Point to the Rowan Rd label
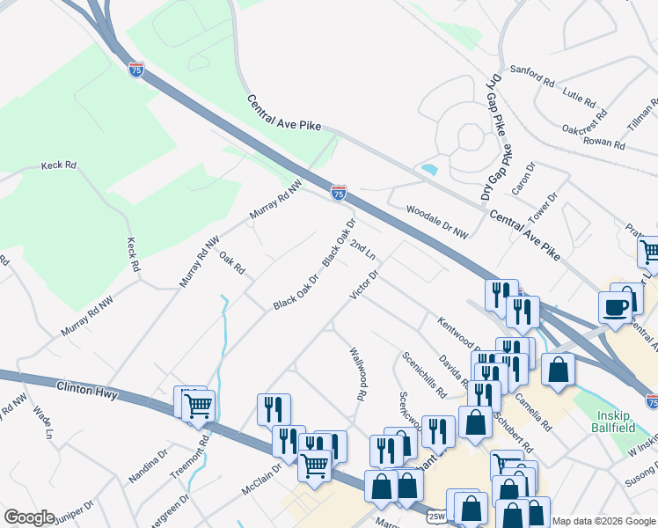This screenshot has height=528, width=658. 603,141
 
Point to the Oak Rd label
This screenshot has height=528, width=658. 231,262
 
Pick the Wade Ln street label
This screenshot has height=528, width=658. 43,422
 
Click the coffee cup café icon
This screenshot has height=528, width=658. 615,308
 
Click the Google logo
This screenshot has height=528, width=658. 29,517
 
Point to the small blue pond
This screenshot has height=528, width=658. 429,169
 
